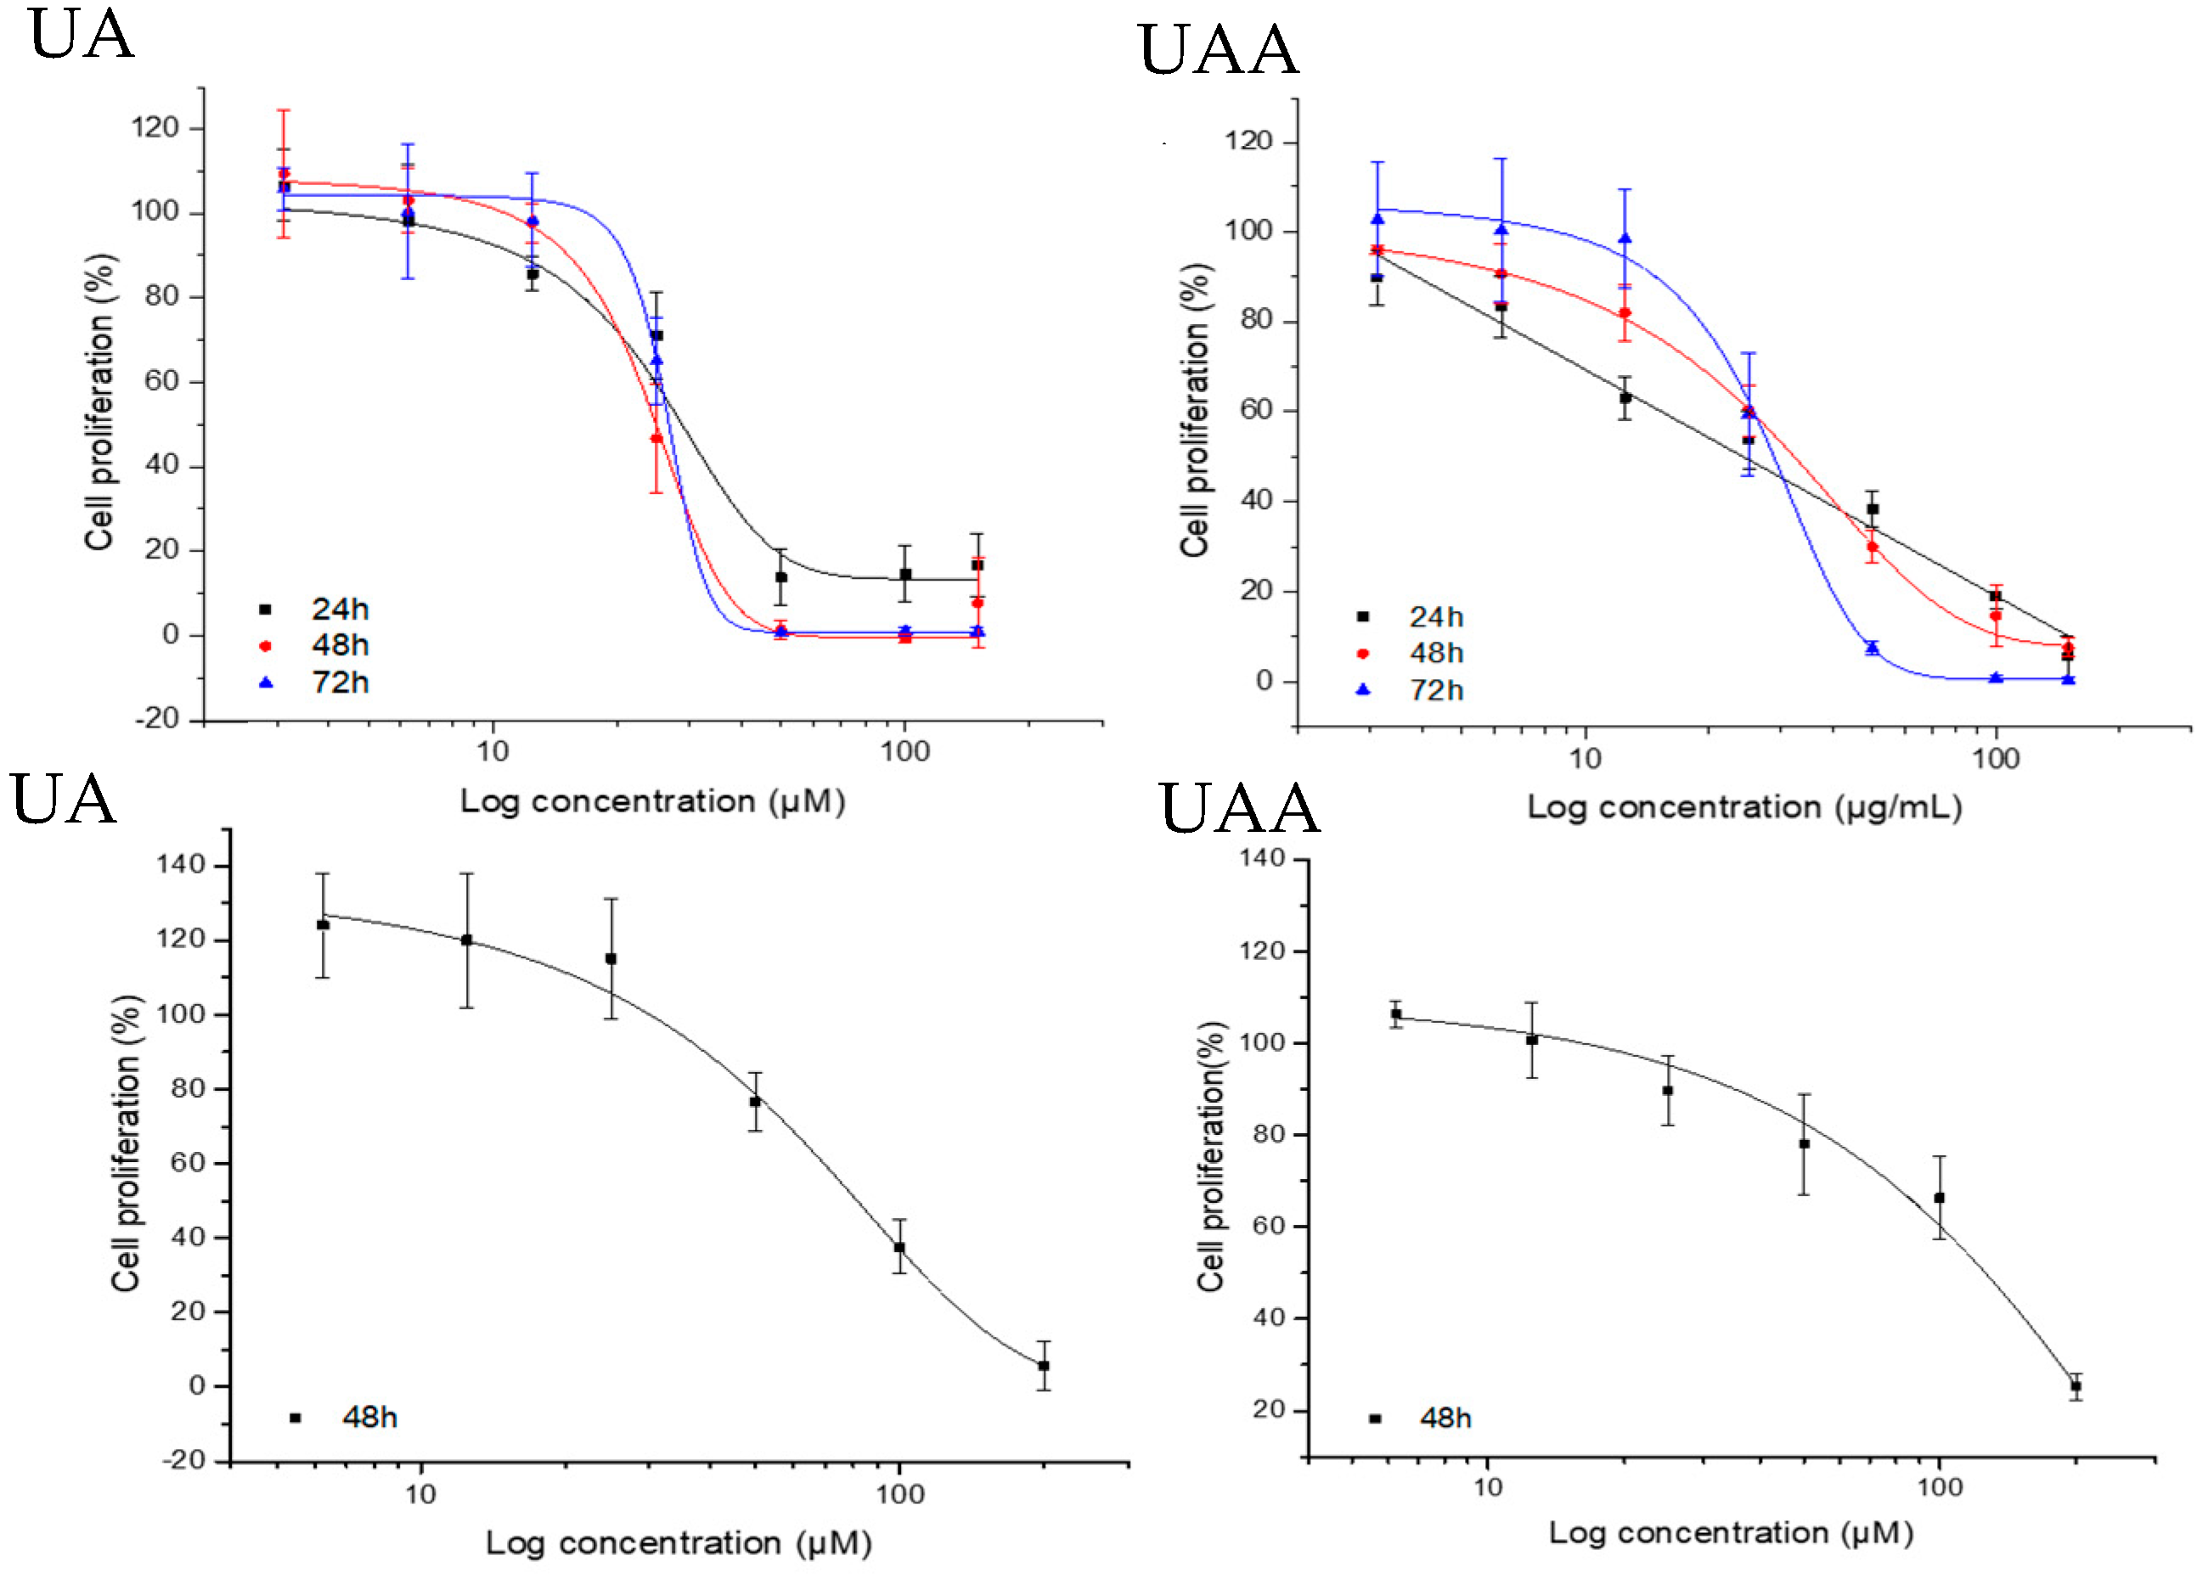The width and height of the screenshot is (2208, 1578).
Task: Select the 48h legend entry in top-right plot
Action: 1434,653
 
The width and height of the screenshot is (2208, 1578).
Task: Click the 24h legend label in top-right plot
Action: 1435,617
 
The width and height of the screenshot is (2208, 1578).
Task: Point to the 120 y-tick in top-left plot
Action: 155,127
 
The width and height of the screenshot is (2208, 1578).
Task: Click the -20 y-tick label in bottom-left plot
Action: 183,1460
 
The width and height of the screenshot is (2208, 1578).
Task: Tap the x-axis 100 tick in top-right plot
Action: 1995,759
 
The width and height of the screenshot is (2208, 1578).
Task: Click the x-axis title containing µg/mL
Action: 1743,806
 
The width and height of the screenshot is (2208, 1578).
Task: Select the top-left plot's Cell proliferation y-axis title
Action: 99,402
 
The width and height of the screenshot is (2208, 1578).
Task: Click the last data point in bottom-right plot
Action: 2075,1386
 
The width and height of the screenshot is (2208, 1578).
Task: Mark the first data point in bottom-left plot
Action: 323,925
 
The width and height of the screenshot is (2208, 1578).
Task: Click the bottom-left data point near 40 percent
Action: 899,1248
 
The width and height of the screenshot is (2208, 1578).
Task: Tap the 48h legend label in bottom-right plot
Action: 1445,1418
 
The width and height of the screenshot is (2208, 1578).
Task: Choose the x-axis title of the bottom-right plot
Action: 1730,1533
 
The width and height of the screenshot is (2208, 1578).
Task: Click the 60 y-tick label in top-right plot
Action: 1256,410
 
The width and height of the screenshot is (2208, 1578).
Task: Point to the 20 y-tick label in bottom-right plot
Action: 1267,1409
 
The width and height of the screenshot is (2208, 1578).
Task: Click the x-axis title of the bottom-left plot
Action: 678,1543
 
